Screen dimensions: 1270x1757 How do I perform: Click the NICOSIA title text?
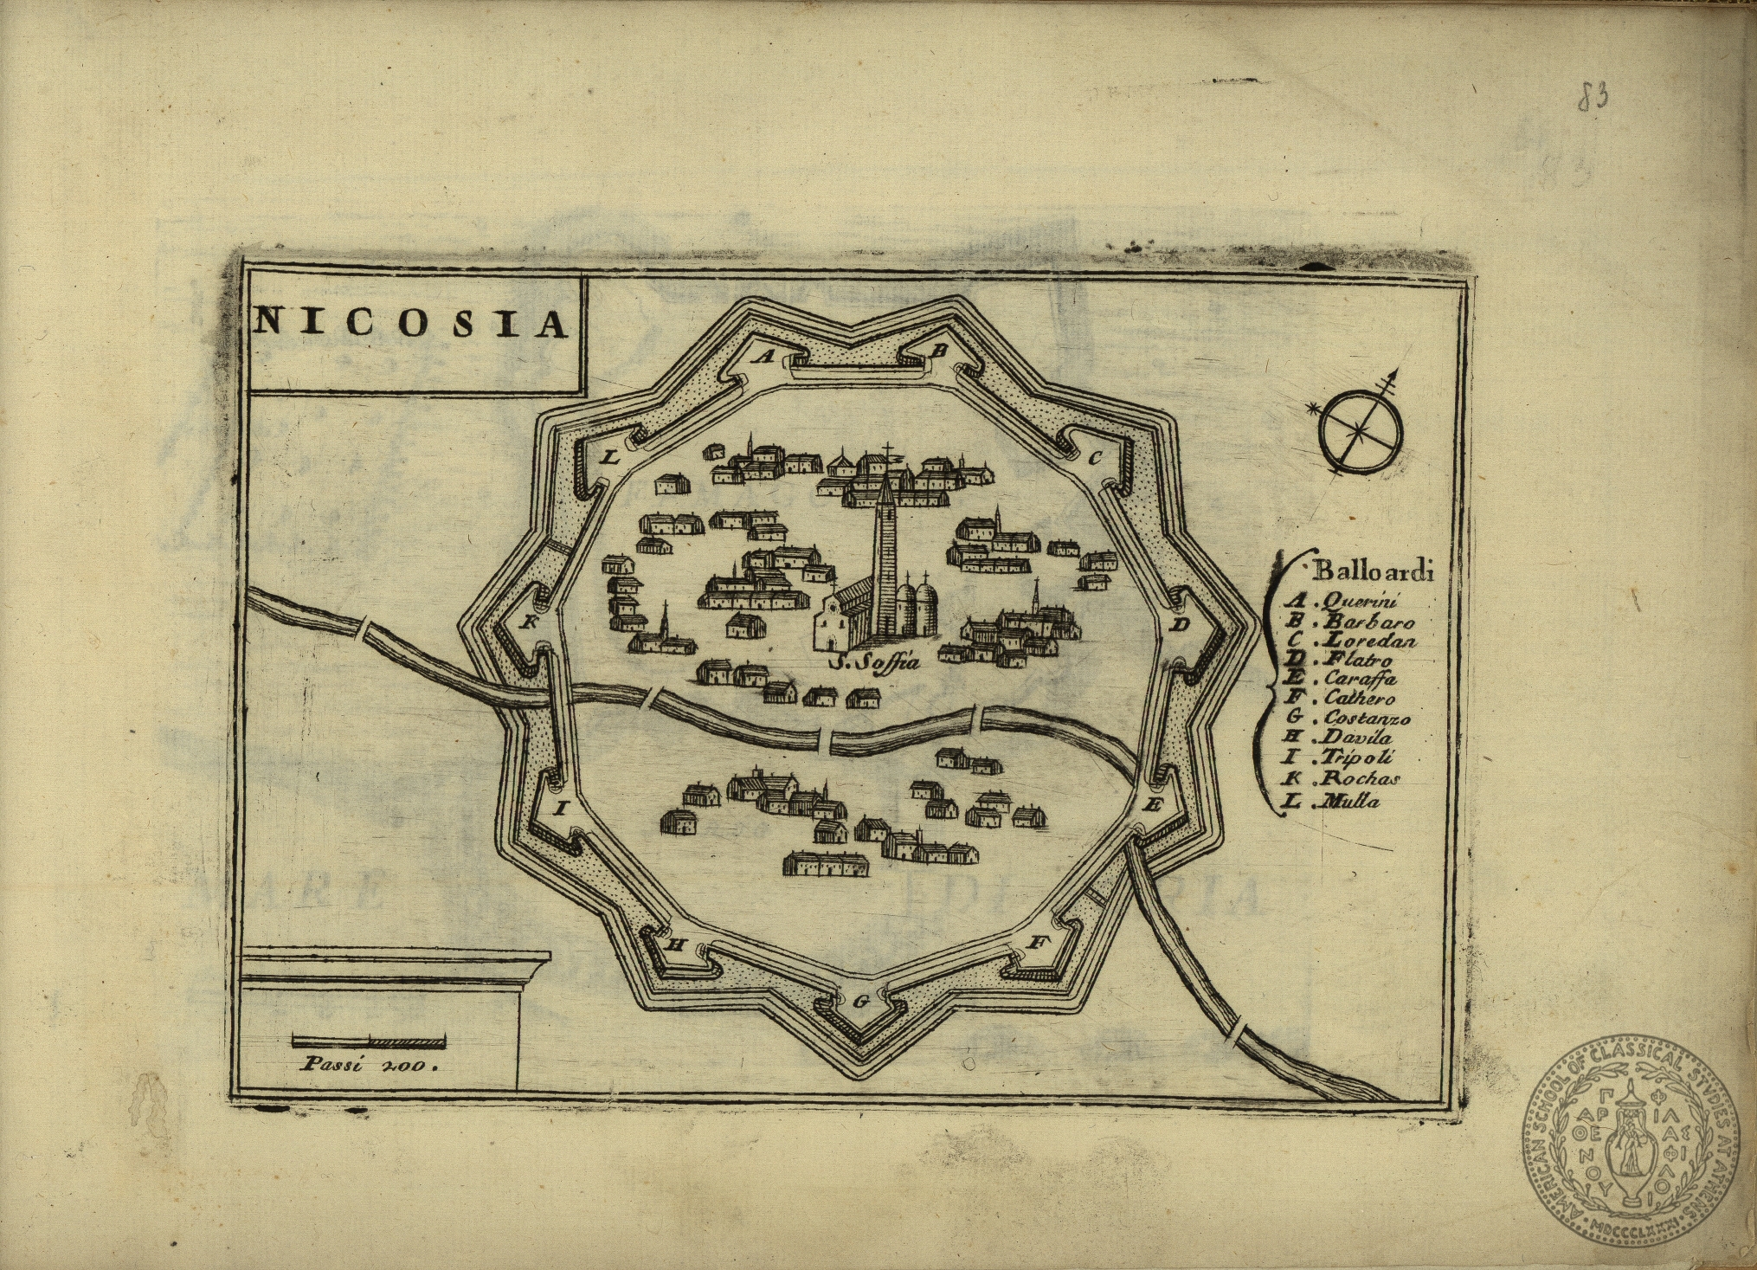pyautogui.click(x=411, y=323)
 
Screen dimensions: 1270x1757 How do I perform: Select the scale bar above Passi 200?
pyautogui.click(x=369, y=1040)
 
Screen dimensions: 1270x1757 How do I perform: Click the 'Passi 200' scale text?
pyautogui.click(x=367, y=1066)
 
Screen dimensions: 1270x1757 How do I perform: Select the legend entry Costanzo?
pyautogui.click(x=1367, y=719)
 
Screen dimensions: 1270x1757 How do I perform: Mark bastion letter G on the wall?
pyautogui.click(x=860, y=1002)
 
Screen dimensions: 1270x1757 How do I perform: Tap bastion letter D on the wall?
pyautogui.click(x=1179, y=624)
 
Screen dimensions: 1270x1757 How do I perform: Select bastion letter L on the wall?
pyautogui.click(x=609, y=458)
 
